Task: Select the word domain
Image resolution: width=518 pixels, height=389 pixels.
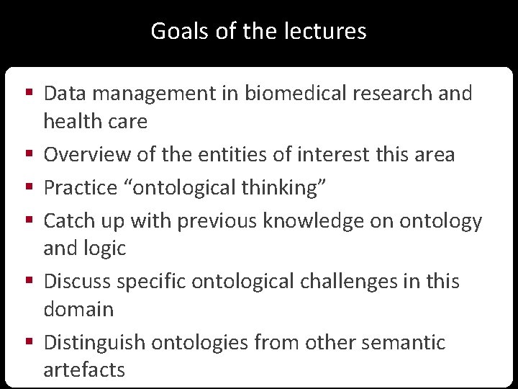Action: pyautogui.click(x=78, y=309)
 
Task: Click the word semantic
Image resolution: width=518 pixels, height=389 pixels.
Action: pyautogui.click(x=402, y=342)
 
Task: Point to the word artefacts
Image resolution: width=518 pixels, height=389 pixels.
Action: pyautogui.click(x=84, y=370)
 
